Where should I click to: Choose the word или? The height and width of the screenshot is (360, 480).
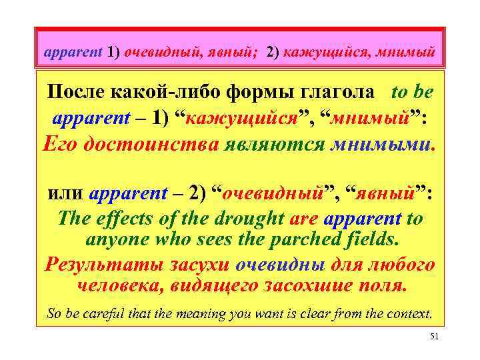[65, 195]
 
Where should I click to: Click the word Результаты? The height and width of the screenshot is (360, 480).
[95, 264]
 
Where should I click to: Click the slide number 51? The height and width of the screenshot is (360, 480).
[434, 338]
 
